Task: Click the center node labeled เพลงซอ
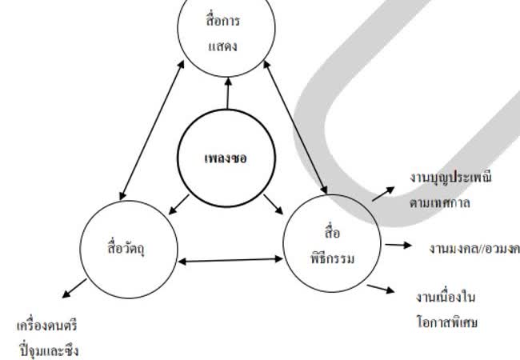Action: (x=226, y=157)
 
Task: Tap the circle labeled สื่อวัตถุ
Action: (x=129, y=245)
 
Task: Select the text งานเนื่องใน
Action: (x=446, y=298)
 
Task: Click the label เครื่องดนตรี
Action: (x=48, y=326)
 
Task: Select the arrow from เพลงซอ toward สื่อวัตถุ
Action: (x=178, y=205)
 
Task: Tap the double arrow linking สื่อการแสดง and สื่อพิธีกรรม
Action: (x=296, y=129)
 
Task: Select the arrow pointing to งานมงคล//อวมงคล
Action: (x=397, y=246)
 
